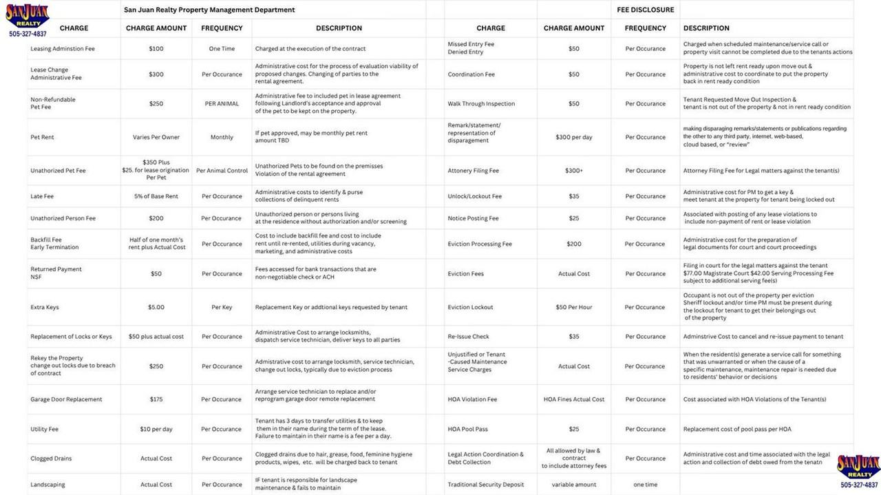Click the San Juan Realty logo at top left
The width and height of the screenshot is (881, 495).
27,15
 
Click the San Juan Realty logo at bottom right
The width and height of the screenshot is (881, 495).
858,466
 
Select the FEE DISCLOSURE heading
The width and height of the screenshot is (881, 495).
646,10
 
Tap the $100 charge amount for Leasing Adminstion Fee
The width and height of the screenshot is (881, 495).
156,49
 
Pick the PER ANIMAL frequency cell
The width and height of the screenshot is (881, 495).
222,104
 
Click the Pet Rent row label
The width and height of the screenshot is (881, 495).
42,137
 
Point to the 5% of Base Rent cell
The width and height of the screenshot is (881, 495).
156,196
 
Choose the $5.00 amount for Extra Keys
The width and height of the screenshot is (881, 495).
156,307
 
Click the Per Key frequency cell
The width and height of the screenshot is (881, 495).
222,307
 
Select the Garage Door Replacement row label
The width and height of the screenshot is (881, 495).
66,399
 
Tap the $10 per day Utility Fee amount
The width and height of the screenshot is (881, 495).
156,429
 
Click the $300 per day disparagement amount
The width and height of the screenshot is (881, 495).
574,137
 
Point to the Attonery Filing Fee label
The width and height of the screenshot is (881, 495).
473,171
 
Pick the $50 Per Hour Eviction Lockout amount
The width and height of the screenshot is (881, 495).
574,307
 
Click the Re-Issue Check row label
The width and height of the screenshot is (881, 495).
468,337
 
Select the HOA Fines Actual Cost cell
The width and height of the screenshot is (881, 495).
574,399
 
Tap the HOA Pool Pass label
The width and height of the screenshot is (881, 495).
467,429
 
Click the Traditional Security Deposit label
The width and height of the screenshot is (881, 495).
485,485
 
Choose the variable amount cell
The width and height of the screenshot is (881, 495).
574,485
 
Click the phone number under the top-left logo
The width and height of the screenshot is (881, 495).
28,34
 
